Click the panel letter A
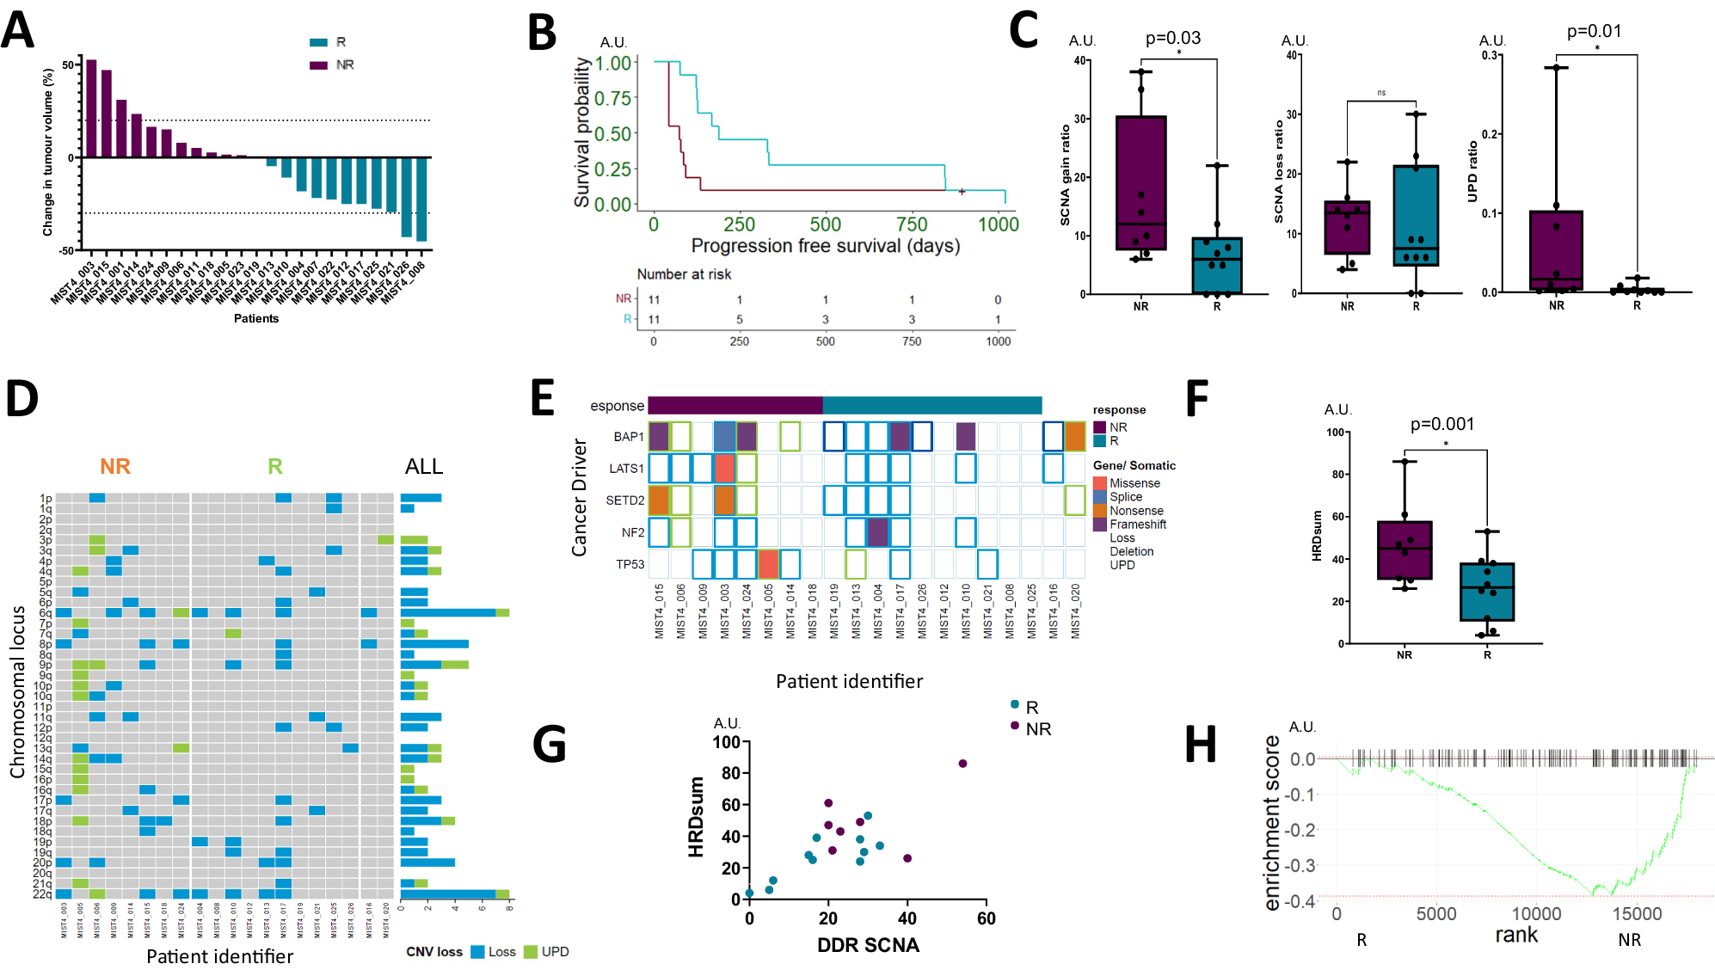tap(19, 30)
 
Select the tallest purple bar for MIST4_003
tap(91, 107)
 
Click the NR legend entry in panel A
tap(344, 65)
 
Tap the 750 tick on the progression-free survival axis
tap(912, 225)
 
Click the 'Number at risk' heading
tap(684, 274)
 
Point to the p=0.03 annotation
tap(1172, 38)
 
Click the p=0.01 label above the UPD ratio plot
tap(1594, 32)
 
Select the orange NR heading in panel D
tap(114, 466)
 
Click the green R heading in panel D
tap(274, 466)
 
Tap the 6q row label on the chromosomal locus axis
tap(46, 613)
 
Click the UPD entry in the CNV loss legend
tap(555, 952)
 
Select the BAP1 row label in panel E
tap(628, 437)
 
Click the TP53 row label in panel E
tap(630, 564)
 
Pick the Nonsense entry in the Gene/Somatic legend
tap(1135, 511)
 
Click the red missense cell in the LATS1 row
tap(724, 469)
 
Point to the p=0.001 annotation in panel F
tap(1441, 424)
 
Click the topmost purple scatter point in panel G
tap(962, 764)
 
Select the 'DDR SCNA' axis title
tap(867, 945)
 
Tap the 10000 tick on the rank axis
tap(1536, 913)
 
